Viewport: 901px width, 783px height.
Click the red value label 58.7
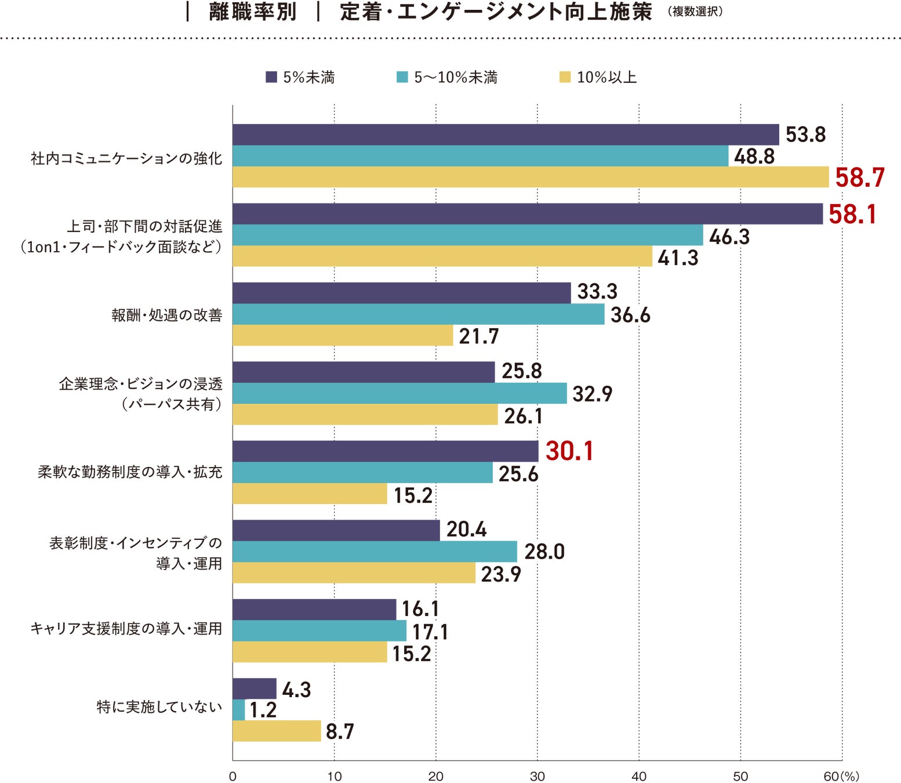point(859,177)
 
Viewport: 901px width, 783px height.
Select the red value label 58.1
point(852,215)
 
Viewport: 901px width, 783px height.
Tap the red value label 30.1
point(569,451)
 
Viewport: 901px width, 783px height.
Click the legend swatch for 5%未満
point(271,77)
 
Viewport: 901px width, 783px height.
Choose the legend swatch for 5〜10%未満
point(402,77)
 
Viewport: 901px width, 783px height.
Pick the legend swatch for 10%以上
point(565,77)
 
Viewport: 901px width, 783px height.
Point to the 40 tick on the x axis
point(639,777)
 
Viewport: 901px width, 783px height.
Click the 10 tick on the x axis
point(335,777)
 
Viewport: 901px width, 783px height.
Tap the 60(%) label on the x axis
point(841,777)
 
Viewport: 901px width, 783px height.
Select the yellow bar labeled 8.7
point(277,731)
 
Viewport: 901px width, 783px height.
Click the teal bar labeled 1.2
point(239,710)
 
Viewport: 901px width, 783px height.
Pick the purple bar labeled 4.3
point(255,688)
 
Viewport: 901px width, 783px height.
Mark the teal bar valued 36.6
point(418,314)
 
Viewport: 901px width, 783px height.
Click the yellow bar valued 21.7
point(343,335)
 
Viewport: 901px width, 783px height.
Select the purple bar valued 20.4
point(336,530)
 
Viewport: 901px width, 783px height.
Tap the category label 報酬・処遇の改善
point(167,315)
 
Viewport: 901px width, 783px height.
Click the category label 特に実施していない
point(159,707)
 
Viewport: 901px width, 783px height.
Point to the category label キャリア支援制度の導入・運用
point(126,629)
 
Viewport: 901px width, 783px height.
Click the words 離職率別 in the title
point(253,12)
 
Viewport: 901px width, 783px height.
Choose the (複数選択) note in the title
point(695,12)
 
